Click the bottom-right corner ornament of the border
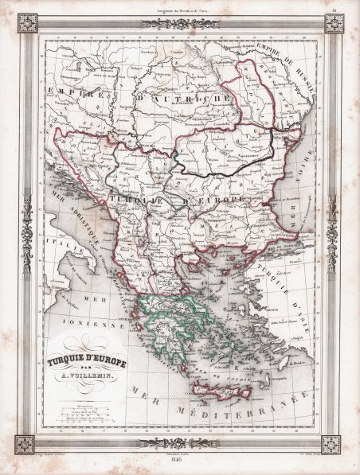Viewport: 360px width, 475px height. (x=330, y=443)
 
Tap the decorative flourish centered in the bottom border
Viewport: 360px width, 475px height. (x=180, y=443)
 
